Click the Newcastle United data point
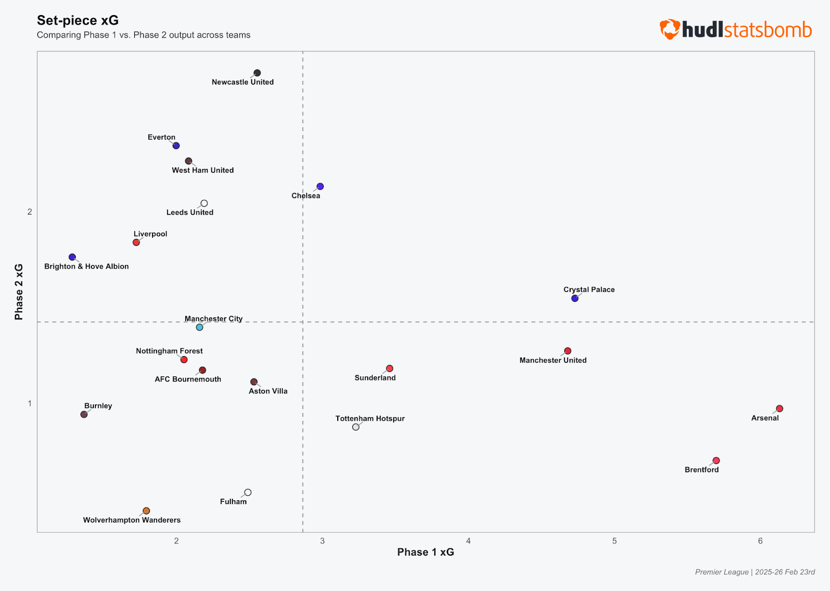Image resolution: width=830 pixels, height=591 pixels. [x=257, y=73]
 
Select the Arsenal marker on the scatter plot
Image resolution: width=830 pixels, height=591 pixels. [x=779, y=409]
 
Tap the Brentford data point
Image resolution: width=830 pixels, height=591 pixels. [x=716, y=460]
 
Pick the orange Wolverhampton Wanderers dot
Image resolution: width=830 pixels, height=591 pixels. [x=146, y=511]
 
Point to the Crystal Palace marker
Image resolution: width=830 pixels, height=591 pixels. [x=575, y=298]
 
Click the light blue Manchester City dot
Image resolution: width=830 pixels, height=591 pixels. [x=200, y=327]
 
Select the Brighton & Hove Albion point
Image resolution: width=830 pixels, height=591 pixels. [x=72, y=257]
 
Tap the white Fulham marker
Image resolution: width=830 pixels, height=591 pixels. [x=248, y=492]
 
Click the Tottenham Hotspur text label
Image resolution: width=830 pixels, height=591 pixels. [x=370, y=418]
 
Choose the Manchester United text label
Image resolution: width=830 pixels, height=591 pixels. [x=553, y=360]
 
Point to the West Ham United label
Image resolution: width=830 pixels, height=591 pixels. [x=203, y=170]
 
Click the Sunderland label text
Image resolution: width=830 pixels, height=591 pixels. [x=375, y=378]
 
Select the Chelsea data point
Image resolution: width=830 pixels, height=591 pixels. [x=320, y=186]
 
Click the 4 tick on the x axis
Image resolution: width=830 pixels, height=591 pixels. [x=468, y=541]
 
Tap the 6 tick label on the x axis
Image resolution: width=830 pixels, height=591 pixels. [x=760, y=541]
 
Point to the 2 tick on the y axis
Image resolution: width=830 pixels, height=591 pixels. [x=30, y=212]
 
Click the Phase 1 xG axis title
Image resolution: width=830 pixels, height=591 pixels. [x=425, y=552]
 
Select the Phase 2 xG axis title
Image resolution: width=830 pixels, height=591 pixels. [x=19, y=292]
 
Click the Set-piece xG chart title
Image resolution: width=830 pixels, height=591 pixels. [x=78, y=20]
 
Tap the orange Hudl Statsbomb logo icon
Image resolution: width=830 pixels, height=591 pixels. [x=670, y=29]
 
